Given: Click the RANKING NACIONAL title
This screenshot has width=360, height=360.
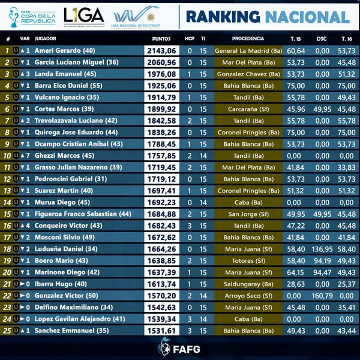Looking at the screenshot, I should (268, 16).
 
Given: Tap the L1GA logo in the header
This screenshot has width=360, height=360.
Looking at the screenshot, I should (84, 15).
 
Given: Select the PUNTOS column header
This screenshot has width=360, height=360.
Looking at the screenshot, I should (161, 38).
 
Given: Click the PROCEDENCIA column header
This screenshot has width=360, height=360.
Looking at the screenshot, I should (248, 38).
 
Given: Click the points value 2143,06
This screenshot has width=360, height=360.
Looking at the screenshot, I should (161, 50).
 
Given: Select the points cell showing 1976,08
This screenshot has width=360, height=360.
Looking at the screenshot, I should (161, 74).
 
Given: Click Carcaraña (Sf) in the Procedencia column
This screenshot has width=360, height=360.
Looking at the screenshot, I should (248, 109).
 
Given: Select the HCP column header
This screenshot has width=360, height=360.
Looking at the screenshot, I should (190, 38).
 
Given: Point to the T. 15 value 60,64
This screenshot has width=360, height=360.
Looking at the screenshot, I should (296, 50).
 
